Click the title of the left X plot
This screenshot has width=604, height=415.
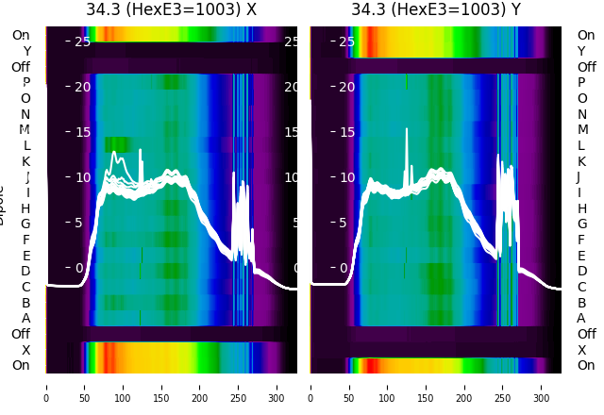tap(171, 10)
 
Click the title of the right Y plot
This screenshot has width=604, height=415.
tap(436, 10)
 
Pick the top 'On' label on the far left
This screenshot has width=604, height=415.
tap(21, 35)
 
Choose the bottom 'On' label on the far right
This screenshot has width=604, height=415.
tap(586, 366)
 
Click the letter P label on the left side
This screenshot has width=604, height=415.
tap(25, 83)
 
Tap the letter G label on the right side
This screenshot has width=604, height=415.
tap(582, 224)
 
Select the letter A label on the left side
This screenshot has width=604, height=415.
tap(25, 319)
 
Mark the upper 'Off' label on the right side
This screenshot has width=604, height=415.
tap(586, 67)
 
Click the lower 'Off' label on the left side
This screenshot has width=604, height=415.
tap(21, 334)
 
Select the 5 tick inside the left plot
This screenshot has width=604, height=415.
tap(79, 223)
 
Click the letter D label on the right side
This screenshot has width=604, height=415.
tap(582, 272)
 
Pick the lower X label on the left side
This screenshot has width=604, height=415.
tap(25, 350)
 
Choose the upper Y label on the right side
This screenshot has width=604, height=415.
tap(582, 51)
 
